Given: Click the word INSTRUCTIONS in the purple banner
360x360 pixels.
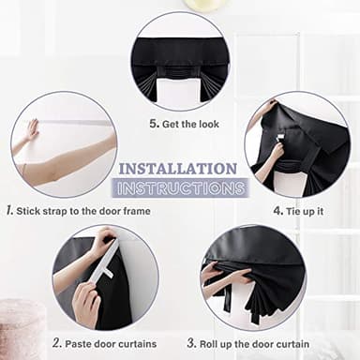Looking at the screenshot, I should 181,188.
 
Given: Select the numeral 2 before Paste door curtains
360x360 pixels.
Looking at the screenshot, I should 56,343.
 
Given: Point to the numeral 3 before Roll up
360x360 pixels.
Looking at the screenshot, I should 191,343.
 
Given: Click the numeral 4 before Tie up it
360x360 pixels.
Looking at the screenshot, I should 277,211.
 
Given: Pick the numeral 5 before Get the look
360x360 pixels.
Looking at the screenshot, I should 153,123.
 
